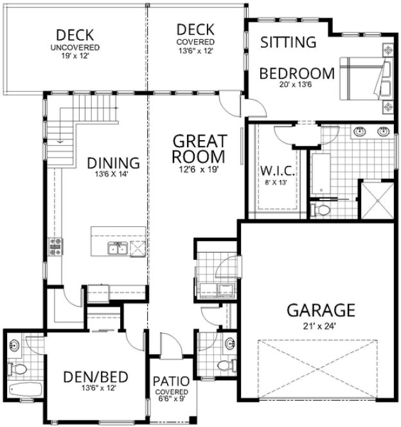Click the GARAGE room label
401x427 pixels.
pyautogui.click(x=320, y=311)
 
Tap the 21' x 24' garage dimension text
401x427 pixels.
pyautogui.click(x=320, y=325)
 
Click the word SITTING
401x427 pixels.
pyautogui.click(x=289, y=42)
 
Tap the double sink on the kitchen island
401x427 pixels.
pyautogui.click(x=118, y=250)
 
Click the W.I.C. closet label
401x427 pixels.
pyautogui.click(x=277, y=172)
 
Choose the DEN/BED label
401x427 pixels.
pyautogui.click(x=96, y=377)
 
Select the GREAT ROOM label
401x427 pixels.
pyautogui.click(x=200, y=148)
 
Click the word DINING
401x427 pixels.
pyautogui.click(x=114, y=163)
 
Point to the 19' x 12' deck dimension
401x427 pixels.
pyautogui.click(x=76, y=57)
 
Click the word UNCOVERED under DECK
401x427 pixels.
pyautogui.click(x=76, y=48)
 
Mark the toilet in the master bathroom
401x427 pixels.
pyautogui.click(x=321, y=210)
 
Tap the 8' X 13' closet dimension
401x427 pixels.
pyautogui.click(x=277, y=183)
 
